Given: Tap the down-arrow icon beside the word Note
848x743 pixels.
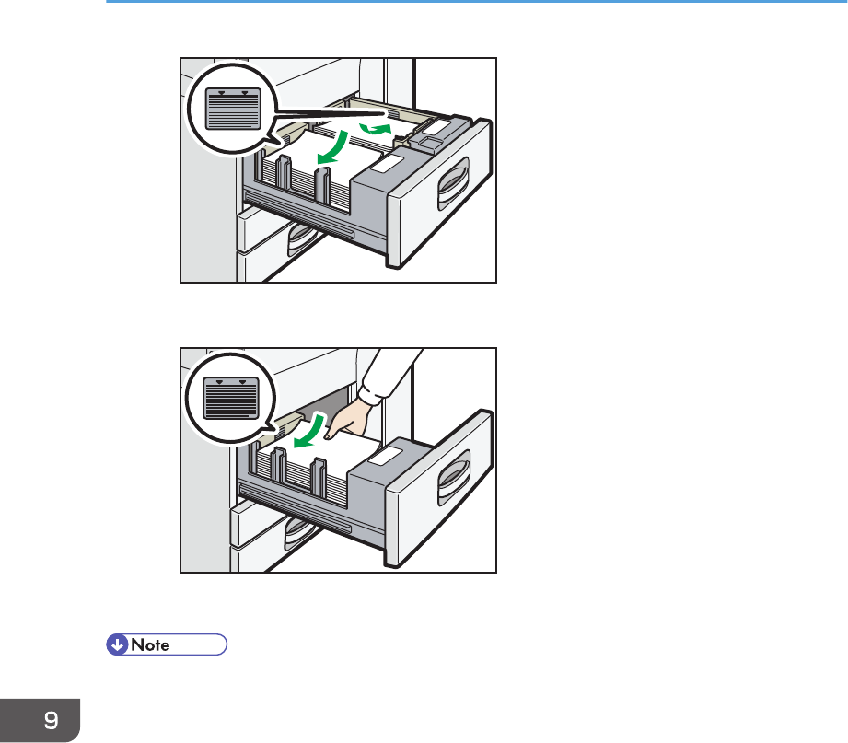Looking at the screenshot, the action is tap(117, 644).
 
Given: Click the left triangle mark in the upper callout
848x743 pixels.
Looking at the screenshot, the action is tap(221, 93).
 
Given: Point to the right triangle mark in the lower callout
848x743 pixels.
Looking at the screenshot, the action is tap(243, 381).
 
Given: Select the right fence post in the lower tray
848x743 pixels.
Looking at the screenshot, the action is tap(318, 470).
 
